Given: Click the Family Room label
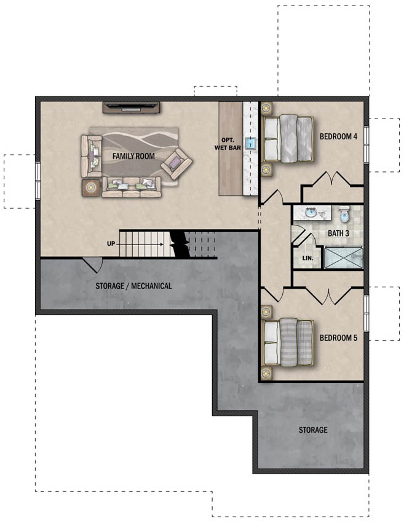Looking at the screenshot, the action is point(133,156).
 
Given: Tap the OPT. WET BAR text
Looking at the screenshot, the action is point(228,144).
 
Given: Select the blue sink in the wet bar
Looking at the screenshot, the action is point(250,143).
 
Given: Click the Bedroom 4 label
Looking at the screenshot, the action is point(338,136).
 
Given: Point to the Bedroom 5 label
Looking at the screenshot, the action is point(338,338).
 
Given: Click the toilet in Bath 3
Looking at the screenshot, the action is point(344,214).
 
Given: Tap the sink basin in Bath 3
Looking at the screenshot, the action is point(311,212).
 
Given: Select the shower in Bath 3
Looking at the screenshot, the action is point(343,257).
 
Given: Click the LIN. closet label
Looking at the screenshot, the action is point(307,258).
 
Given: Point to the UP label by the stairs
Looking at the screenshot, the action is point(111,244).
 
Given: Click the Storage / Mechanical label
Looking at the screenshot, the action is point(133,286).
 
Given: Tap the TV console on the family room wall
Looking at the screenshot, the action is point(131,107).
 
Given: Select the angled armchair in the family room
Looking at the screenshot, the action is point(176,164).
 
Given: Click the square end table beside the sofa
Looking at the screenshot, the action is point(91,188).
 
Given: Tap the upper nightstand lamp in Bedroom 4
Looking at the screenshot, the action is point(266,108).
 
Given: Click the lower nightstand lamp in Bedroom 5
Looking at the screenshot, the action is point(266,373).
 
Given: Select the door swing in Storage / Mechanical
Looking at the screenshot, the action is point(93,264).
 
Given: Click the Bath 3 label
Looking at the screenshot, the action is point(338,233).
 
